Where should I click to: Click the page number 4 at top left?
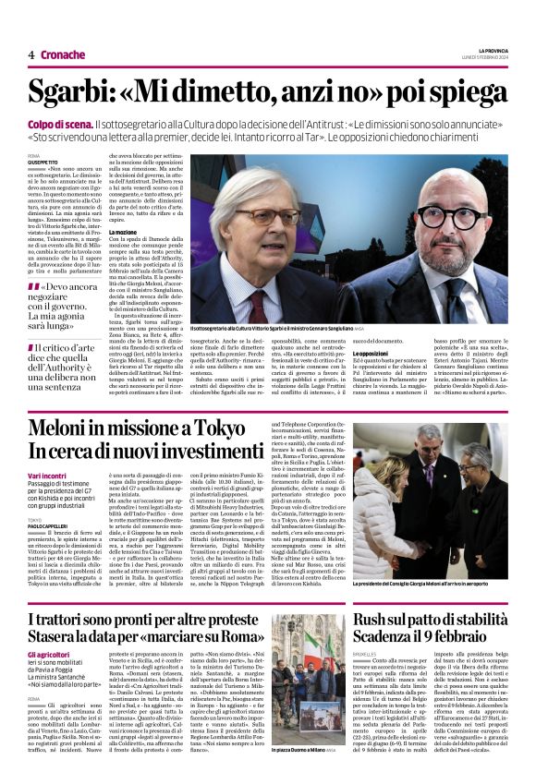(30, 54)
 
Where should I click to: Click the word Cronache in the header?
(63, 54)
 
